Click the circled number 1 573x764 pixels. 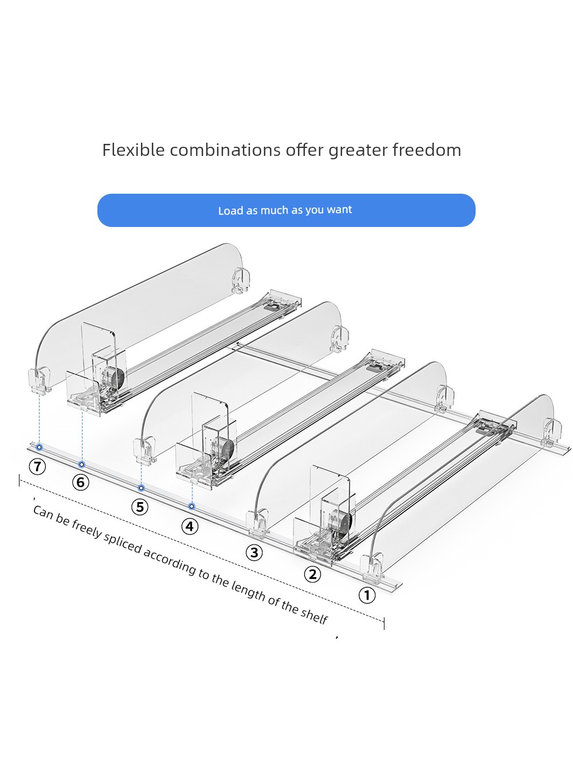[366, 595]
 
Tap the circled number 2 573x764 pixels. [312, 574]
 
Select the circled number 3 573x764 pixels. [254, 553]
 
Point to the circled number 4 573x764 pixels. [190, 526]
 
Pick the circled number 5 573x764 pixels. [139, 507]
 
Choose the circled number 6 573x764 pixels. [80, 483]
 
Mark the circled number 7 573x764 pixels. [37, 467]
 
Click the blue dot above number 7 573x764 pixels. [40, 447]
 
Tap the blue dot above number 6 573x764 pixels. [82, 464]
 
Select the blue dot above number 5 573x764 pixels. [142, 488]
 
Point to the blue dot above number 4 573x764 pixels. [192, 506]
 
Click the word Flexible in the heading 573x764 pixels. [134, 150]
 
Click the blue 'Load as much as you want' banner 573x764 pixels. [286, 210]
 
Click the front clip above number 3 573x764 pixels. [258, 524]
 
